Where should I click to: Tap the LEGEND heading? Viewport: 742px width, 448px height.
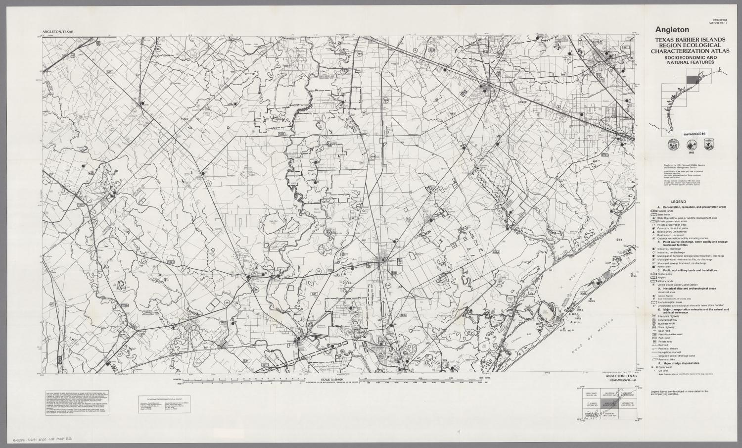point(678,202)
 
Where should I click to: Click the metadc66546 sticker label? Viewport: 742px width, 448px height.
point(695,134)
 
